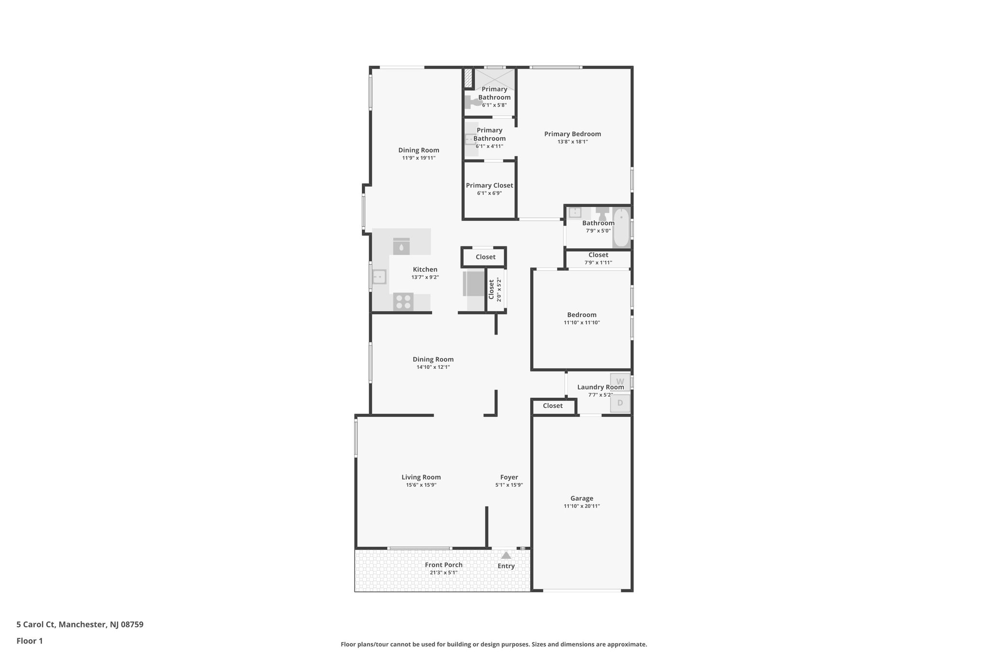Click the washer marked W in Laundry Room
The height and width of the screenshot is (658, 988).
click(x=620, y=381)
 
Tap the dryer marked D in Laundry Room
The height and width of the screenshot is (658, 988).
click(x=620, y=403)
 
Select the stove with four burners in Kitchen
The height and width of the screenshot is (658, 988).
click(x=403, y=302)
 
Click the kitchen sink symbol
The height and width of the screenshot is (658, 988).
click(x=380, y=277)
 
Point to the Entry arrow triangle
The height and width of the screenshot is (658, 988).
click(x=506, y=555)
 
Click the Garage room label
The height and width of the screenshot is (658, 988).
click(x=581, y=498)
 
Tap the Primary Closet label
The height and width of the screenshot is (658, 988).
click(x=489, y=186)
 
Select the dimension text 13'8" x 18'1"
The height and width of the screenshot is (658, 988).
click(x=572, y=142)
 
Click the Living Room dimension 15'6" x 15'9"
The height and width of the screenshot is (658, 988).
click(x=421, y=485)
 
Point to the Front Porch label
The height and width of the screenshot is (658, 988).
click(x=443, y=565)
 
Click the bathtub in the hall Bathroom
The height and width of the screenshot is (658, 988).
click(x=621, y=227)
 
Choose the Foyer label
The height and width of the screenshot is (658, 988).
click(x=508, y=477)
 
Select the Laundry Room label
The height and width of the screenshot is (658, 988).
click(x=600, y=387)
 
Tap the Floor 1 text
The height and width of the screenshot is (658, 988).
click(x=30, y=641)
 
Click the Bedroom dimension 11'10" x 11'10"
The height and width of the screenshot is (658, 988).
click(x=581, y=323)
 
